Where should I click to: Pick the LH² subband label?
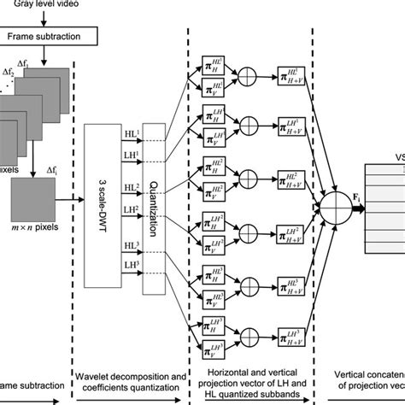pos(133,209)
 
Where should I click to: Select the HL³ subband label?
pos(133,245)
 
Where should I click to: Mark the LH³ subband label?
pos(133,266)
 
